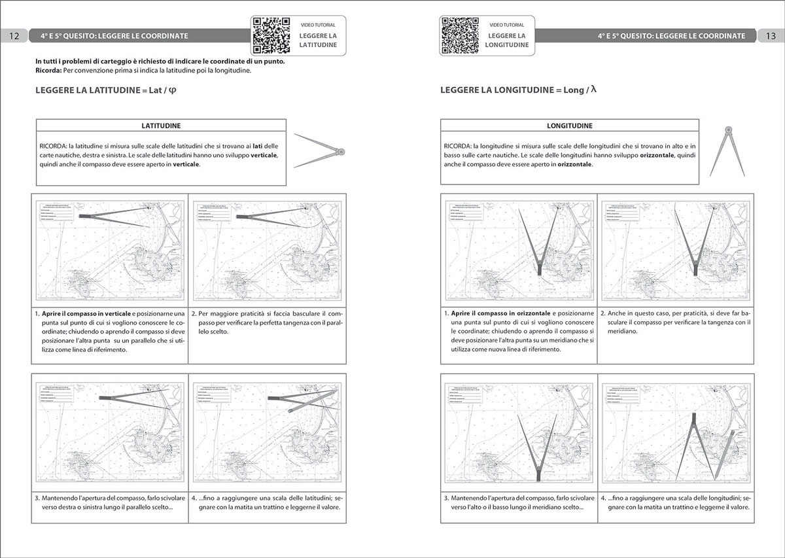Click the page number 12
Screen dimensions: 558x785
pyautogui.click(x=14, y=35)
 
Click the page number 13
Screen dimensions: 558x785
pyautogui.click(x=770, y=35)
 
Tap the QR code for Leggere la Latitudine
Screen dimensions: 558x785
pyautogui.click(x=271, y=35)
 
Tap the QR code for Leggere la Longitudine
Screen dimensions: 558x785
pyautogui.click(x=460, y=35)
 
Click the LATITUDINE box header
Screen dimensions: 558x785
pyautogui.click(x=161, y=125)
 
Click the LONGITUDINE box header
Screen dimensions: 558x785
pyautogui.click(x=569, y=125)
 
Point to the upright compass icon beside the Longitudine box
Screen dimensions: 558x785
pyautogui.click(x=727, y=150)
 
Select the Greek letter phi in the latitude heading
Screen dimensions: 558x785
pyautogui.click(x=173, y=91)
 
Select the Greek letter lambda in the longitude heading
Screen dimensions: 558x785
pyautogui.click(x=593, y=90)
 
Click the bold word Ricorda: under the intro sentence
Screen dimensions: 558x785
pyautogui.click(x=48, y=70)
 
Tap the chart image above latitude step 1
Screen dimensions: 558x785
pyautogui.click(x=110, y=249)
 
